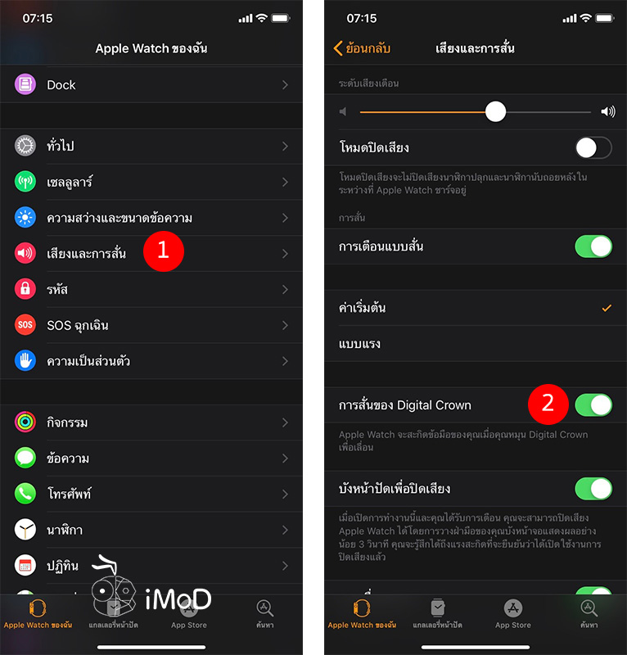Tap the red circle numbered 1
tap(163, 251)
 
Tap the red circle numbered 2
tap(548, 403)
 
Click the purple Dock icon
tap(25, 84)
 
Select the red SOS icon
tap(25, 325)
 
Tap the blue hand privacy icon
tap(25, 361)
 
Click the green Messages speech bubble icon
tap(25, 458)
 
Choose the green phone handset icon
tap(25, 494)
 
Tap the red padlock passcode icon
tap(25, 289)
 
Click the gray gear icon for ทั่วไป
tap(25, 146)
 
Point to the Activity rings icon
tap(25, 422)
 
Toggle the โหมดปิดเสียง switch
tap(593, 148)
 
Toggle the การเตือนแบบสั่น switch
tap(593, 246)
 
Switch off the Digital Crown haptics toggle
tap(593, 404)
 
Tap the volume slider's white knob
tap(495, 111)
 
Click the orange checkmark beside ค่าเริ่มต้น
tap(607, 309)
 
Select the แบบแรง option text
tap(359, 344)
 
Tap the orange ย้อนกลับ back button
tap(362, 48)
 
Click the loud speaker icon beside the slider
tap(607, 111)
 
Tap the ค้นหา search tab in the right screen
tap(589, 612)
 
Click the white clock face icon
tap(25, 529)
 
